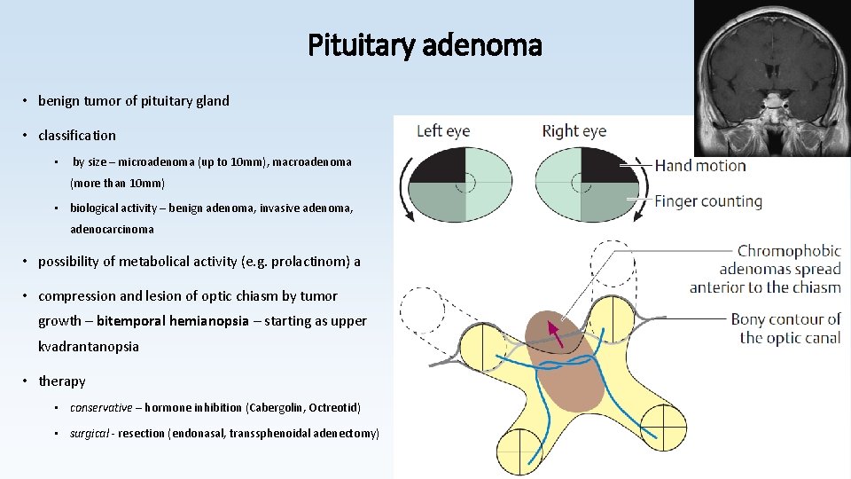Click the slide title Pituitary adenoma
[x=425, y=44]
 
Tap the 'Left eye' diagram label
[x=443, y=131]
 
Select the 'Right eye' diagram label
[x=574, y=131]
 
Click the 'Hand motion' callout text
[x=700, y=165]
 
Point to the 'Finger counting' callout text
[x=708, y=200]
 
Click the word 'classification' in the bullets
[x=77, y=136]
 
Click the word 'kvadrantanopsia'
[x=89, y=347]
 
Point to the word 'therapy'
[x=62, y=381]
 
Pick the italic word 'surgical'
[x=90, y=433]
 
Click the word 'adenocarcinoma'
[x=112, y=229]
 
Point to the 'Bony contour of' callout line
[x=785, y=319]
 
